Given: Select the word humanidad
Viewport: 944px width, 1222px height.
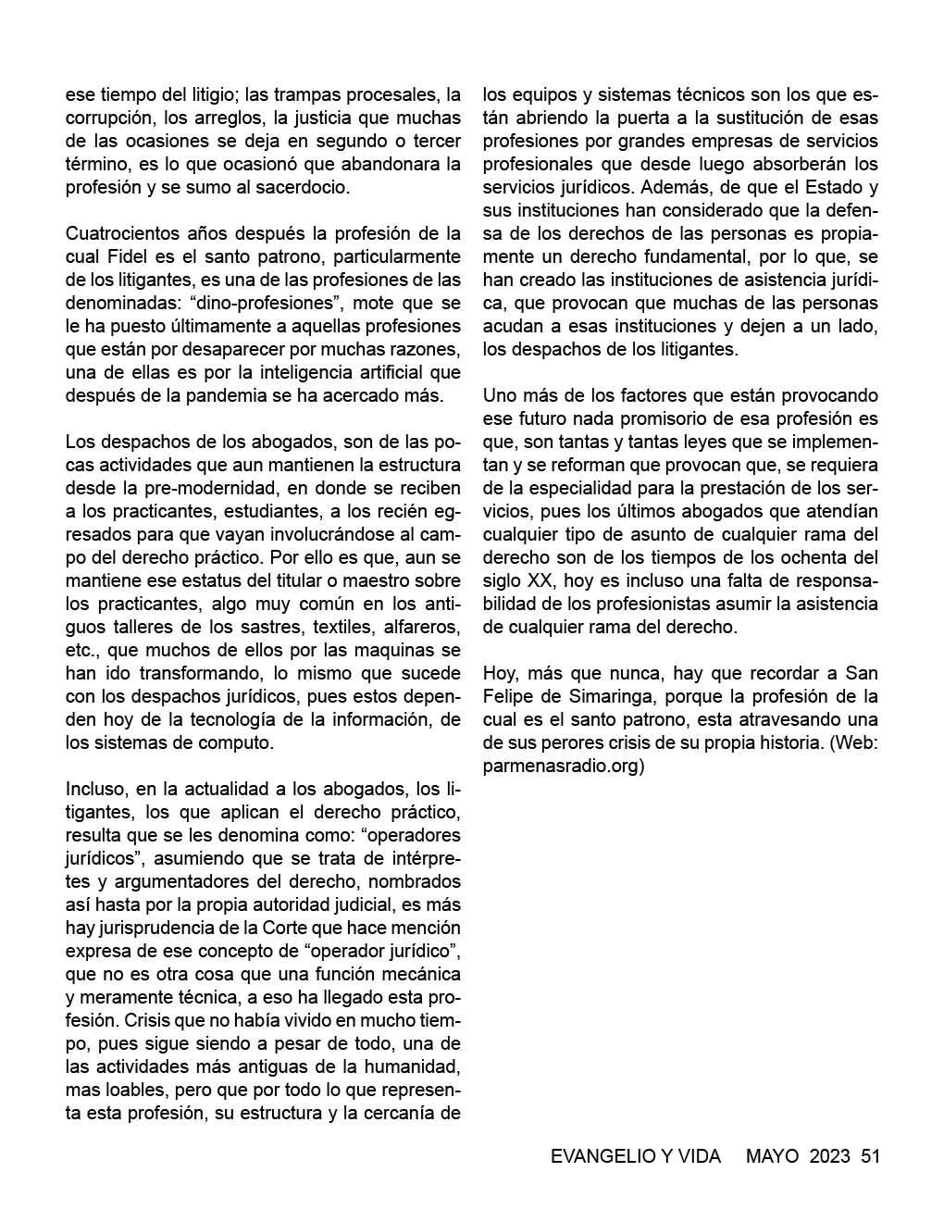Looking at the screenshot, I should pos(408,1066).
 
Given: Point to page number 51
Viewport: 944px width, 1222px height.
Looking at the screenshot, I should pos(869,1156).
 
